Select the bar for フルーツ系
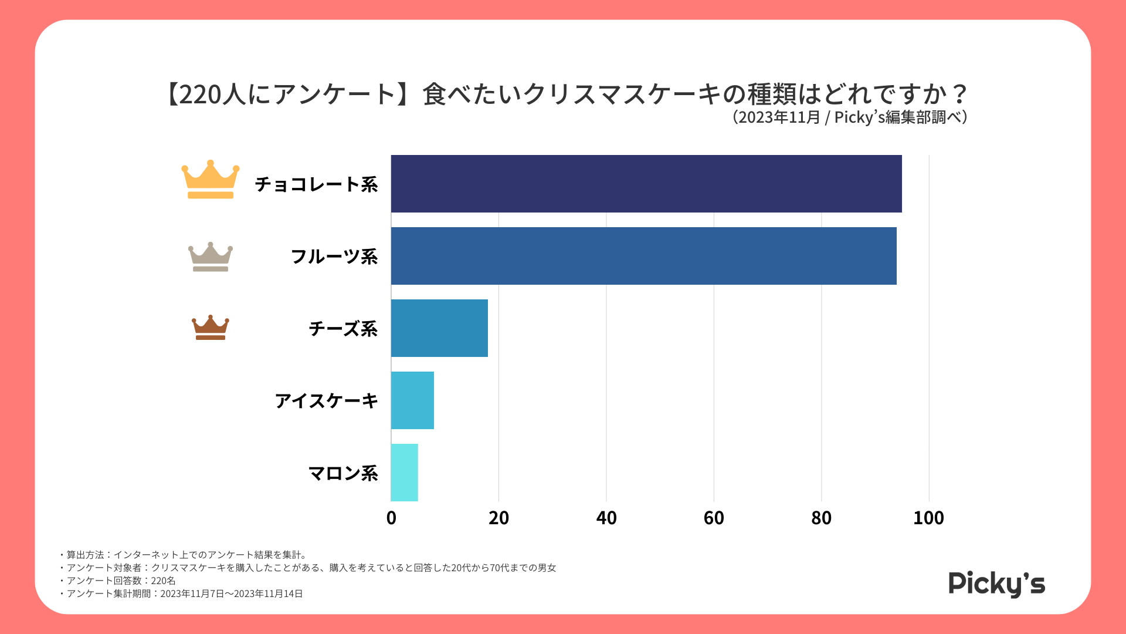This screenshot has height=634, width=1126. [x=643, y=256]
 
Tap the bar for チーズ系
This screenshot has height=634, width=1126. [x=439, y=328]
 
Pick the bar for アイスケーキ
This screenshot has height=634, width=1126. [x=412, y=400]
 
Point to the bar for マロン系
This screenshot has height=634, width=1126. [x=404, y=473]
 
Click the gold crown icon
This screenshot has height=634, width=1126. [x=211, y=180]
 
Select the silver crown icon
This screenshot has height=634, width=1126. [x=211, y=257]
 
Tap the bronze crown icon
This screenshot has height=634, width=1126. [x=211, y=328]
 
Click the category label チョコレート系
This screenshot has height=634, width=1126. [x=316, y=184]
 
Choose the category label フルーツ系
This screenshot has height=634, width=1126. [x=334, y=257]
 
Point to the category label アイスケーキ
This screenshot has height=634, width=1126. [x=327, y=401]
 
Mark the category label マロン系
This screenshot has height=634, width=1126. [x=343, y=473]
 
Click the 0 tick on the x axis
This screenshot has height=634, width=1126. [x=391, y=518]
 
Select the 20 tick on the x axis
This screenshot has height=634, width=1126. [x=498, y=518]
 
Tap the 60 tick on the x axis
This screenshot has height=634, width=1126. [x=714, y=518]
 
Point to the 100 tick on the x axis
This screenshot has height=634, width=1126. [x=928, y=518]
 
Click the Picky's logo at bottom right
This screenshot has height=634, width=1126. [x=996, y=584]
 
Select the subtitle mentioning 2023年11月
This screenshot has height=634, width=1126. [x=849, y=117]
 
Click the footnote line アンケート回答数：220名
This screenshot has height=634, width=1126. [x=121, y=581]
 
